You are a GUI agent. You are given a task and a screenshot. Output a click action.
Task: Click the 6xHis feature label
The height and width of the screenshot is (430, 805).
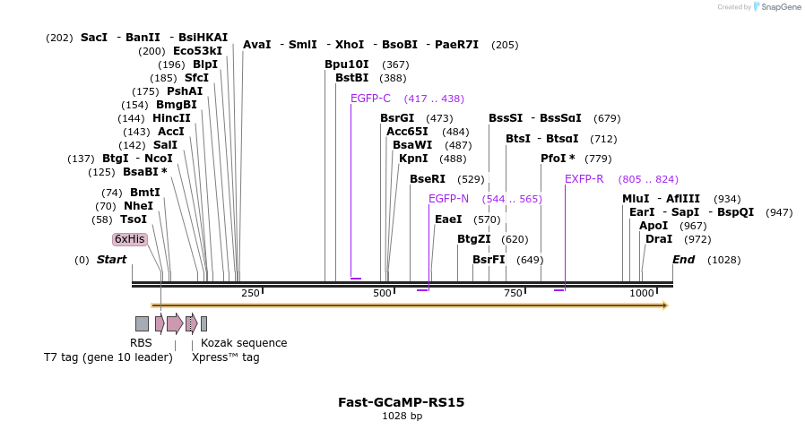(129, 239)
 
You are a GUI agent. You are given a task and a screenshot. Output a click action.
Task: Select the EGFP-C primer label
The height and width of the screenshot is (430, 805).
(370, 99)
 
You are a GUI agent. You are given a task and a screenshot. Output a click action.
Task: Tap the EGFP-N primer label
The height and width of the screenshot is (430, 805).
(448, 199)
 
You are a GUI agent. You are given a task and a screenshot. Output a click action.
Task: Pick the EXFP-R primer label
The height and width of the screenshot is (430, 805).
(584, 179)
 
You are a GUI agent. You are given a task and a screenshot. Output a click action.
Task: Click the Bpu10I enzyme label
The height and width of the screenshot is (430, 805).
(347, 64)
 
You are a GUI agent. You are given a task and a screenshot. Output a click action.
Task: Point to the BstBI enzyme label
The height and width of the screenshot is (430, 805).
(352, 78)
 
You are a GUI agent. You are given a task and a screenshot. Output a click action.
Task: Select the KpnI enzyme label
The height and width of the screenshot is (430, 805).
(413, 159)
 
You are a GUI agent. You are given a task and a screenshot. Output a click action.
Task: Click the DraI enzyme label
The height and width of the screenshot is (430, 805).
(659, 239)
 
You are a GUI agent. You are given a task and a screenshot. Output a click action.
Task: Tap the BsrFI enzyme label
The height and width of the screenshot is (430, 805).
(489, 260)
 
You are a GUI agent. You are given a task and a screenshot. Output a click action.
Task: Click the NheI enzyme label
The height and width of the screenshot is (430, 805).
(138, 206)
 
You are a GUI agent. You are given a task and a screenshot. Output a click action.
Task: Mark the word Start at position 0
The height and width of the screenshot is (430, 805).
(112, 260)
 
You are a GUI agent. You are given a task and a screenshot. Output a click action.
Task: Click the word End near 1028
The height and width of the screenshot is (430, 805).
(684, 260)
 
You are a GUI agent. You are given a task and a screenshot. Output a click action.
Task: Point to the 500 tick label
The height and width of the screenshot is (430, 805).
(382, 293)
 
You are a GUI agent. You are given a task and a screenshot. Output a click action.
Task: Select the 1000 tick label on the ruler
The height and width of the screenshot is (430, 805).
(642, 293)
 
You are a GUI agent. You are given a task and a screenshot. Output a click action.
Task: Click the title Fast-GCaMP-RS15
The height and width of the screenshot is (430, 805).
(401, 402)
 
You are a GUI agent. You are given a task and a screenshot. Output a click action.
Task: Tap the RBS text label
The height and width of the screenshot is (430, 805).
(141, 343)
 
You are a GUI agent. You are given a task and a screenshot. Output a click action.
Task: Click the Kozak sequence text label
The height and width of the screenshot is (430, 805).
(244, 343)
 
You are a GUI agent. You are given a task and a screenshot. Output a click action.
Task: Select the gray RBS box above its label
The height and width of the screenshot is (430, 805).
(142, 323)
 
